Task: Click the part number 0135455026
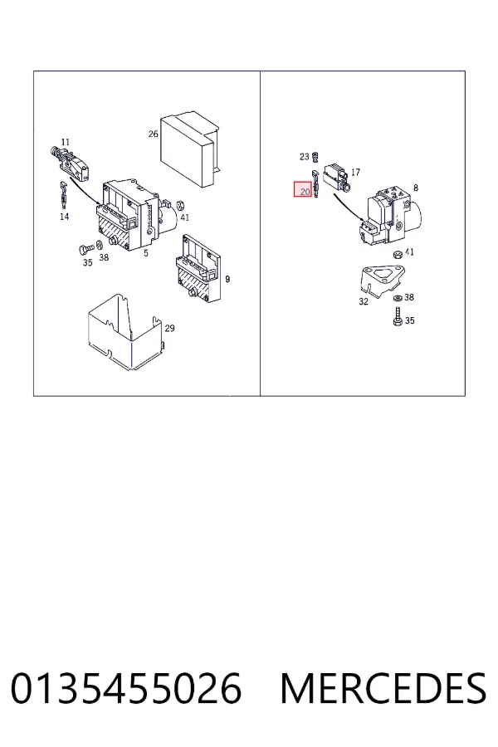click(x=126, y=688)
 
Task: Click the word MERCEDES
click(x=383, y=688)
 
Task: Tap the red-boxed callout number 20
click(x=305, y=192)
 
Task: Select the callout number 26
click(x=153, y=134)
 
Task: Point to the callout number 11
click(x=66, y=142)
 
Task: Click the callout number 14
click(x=65, y=217)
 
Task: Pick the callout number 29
click(x=169, y=328)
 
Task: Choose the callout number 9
click(x=227, y=279)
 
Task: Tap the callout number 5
click(x=146, y=253)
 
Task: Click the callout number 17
click(x=355, y=172)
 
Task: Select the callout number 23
click(x=304, y=156)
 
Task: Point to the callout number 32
click(x=364, y=301)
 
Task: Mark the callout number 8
click(x=416, y=188)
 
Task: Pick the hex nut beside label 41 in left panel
click(x=181, y=206)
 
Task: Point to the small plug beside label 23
click(x=315, y=156)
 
